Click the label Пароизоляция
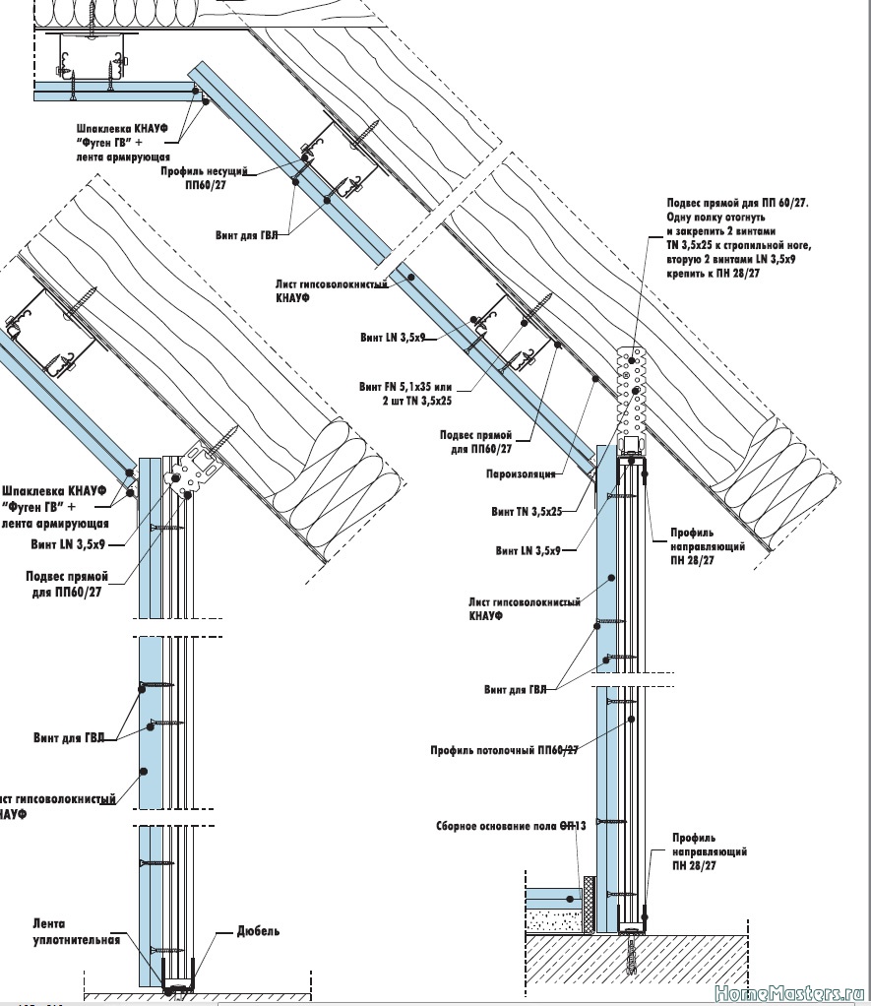(x=520, y=473)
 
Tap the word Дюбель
(x=259, y=930)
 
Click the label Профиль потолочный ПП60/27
(x=504, y=750)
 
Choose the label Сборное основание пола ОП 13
(x=511, y=826)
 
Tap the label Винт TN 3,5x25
(x=527, y=512)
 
